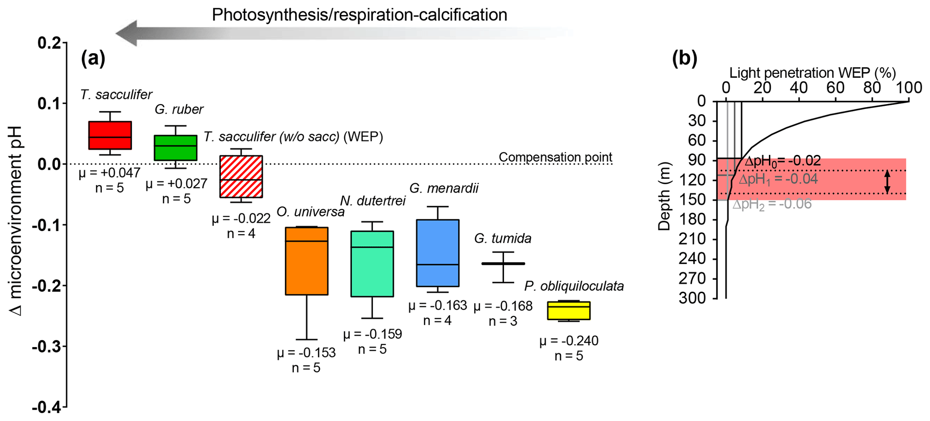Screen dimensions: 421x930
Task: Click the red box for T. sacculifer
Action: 110,135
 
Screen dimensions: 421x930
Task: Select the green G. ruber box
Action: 175,148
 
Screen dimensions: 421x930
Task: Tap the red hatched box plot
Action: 241,177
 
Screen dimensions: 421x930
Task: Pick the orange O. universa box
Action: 306,261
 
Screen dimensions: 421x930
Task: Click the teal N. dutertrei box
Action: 372,264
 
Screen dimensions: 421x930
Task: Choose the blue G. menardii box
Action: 437,253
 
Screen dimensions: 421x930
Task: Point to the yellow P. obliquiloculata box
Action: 569,311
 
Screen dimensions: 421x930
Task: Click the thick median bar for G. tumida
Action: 503,263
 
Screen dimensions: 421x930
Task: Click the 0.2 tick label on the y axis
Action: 49,44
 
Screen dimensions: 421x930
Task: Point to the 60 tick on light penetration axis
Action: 836,87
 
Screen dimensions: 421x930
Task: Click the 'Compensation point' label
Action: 555,157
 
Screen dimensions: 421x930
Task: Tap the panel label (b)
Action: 684,59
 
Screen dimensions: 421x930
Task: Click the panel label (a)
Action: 93,59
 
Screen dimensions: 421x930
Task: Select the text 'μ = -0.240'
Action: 569,341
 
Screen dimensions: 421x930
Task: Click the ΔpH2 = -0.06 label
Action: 772,204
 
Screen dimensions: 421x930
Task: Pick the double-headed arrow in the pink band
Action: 887,182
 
